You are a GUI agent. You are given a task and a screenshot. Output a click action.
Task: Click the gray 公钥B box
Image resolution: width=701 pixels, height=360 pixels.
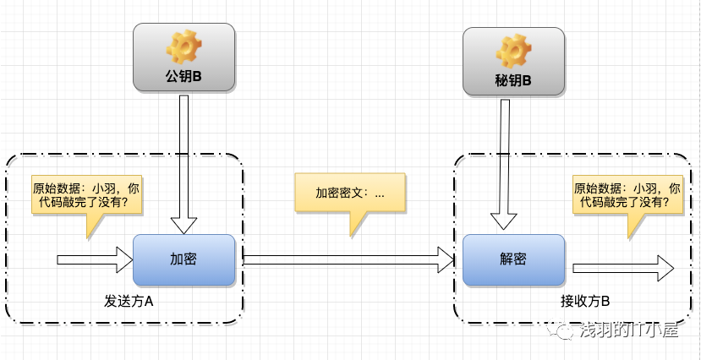click(183, 57)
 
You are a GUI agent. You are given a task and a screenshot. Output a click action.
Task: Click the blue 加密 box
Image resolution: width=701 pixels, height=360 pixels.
click(183, 259)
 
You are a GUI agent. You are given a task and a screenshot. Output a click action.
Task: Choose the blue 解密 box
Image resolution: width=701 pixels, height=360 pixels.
click(513, 259)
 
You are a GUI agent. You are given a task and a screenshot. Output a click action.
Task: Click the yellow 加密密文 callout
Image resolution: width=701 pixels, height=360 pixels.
click(350, 194)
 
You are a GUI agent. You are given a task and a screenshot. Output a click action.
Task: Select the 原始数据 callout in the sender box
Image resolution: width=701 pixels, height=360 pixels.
click(85, 196)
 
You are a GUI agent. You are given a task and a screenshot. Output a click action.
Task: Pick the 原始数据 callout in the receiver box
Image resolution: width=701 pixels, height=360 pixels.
click(627, 196)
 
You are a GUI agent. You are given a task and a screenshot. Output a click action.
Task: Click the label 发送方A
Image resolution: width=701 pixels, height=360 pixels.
click(129, 301)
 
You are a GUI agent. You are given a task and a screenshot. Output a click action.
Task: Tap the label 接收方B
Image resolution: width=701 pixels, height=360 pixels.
click(585, 301)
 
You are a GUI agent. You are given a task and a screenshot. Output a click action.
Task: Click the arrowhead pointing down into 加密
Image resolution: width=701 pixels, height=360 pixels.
click(183, 226)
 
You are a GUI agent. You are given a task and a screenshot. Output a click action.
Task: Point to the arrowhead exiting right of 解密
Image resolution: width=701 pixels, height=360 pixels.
click(665, 268)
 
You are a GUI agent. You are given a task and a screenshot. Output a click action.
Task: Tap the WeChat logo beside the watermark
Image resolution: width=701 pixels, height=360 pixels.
click(563, 332)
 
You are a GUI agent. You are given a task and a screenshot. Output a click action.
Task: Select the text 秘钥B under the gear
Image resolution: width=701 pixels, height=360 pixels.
click(513, 81)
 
